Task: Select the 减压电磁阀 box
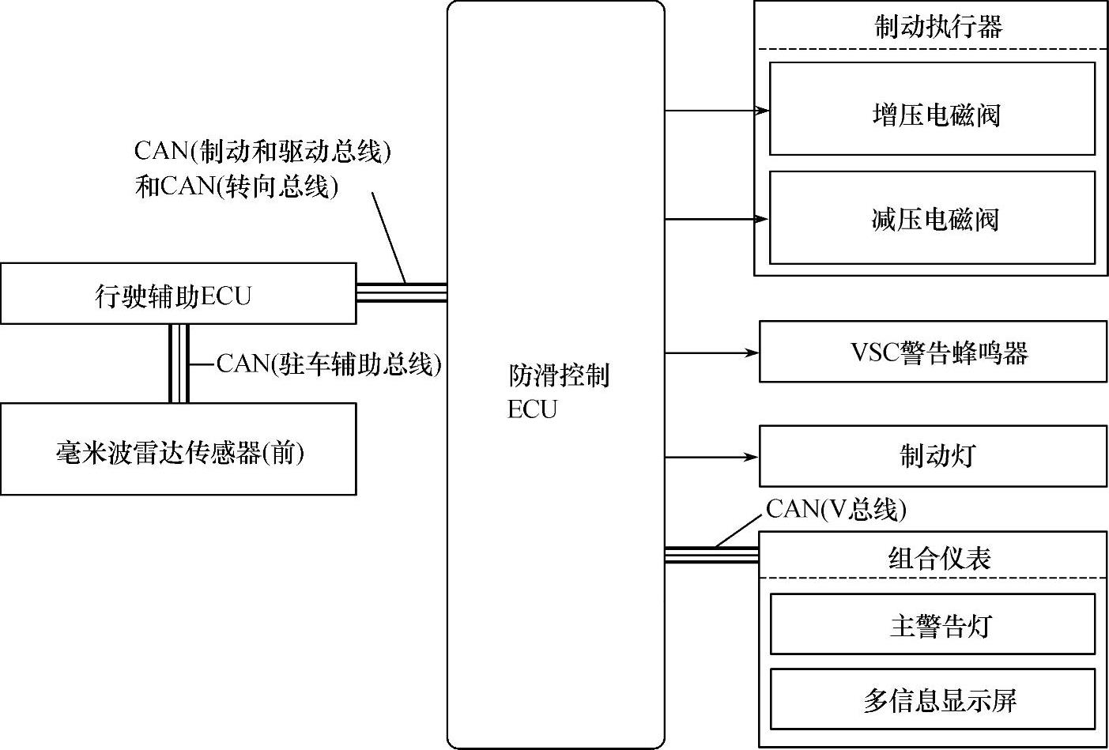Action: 932,217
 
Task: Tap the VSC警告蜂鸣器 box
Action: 933,352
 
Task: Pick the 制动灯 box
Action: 933,456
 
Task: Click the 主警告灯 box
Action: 933,624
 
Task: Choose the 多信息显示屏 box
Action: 933,699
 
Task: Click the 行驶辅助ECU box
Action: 178,295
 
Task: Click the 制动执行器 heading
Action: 938,27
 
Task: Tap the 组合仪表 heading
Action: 939,558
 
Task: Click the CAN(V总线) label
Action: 836,509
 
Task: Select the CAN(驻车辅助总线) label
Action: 329,364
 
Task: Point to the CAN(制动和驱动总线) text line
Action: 263,150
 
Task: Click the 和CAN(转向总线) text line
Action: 237,187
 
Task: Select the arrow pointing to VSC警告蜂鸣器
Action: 712,352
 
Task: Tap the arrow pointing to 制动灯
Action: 712,457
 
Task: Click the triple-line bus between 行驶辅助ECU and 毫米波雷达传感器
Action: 178,364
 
